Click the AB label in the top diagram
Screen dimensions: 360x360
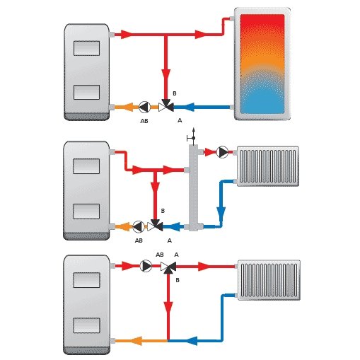pos(144,121)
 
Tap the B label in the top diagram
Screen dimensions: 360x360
pos(175,93)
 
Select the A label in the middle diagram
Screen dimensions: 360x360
pos(169,240)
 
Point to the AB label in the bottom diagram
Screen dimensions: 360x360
pos(160,255)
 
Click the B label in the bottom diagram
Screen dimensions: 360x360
pos(178,280)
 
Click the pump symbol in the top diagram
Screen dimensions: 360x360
pos(144,107)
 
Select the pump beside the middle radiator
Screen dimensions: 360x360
pos(222,152)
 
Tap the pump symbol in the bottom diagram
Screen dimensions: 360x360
pos(146,266)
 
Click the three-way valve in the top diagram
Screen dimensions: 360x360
pos(166,106)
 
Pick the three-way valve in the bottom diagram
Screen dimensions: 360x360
pos(168,267)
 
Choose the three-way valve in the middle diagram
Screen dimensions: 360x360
pos(155,226)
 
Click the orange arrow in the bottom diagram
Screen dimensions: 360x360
pos(137,341)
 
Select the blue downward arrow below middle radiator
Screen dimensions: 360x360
pos(221,214)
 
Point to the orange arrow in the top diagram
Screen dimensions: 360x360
pos(128,107)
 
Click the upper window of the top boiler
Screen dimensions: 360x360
pos(86,48)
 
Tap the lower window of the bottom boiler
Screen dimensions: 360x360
pos(86,325)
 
